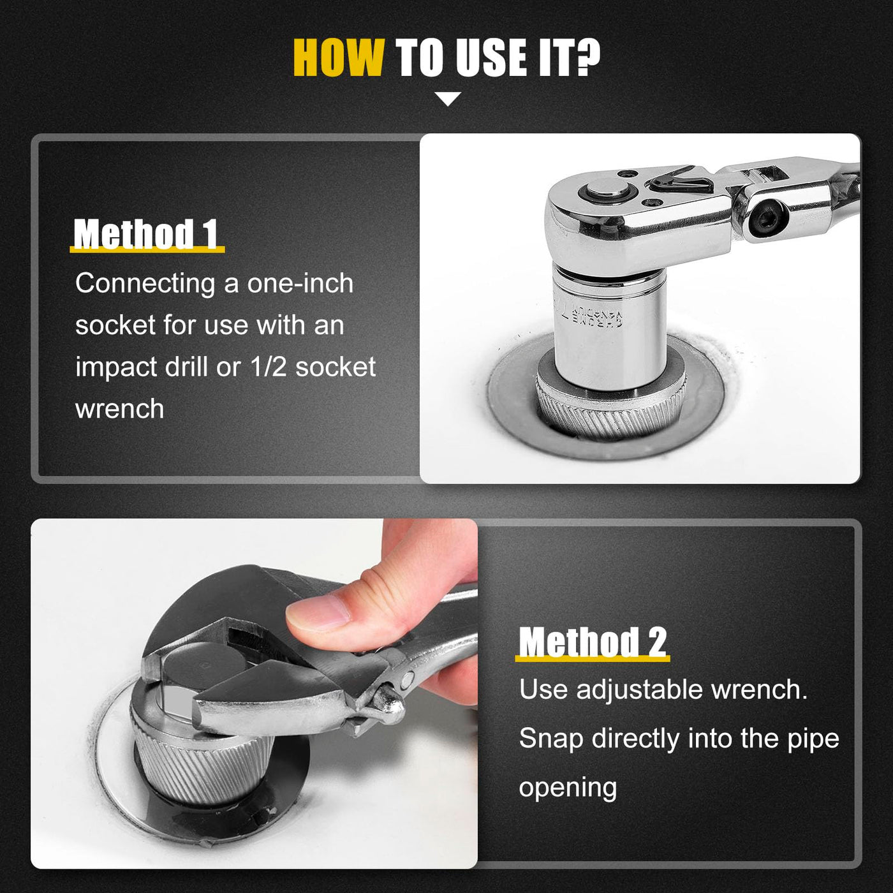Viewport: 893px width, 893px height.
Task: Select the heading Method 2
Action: click(593, 642)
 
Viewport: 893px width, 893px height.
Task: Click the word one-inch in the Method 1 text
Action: click(300, 283)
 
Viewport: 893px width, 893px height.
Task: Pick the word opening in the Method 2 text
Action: click(568, 787)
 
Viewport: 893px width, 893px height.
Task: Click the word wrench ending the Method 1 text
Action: click(119, 410)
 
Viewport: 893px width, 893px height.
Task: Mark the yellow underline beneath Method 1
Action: click(147, 250)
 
